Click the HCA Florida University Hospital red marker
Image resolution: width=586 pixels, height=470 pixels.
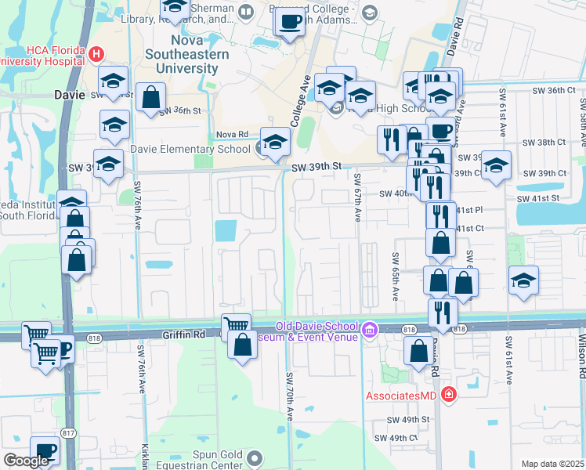pyautogui.click(x=96, y=54)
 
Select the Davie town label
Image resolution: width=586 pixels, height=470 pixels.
pyautogui.click(x=68, y=94)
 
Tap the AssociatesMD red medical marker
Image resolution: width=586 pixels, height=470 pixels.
pyautogui.click(x=447, y=395)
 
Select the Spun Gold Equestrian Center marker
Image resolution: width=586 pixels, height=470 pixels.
pyautogui.click(x=253, y=456)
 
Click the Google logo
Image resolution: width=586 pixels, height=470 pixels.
pyautogui.click(x=26, y=461)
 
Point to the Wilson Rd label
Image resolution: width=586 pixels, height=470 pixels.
pyautogui.click(x=581, y=345)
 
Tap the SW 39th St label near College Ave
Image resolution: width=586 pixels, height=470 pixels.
pyautogui.click(x=317, y=166)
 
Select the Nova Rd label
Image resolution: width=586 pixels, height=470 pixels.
pyautogui.click(x=233, y=134)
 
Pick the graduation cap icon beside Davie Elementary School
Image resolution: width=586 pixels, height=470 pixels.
pyautogui.click(x=275, y=142)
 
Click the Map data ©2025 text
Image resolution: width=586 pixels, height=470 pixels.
pyautogui.click(x=552, y=464)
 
